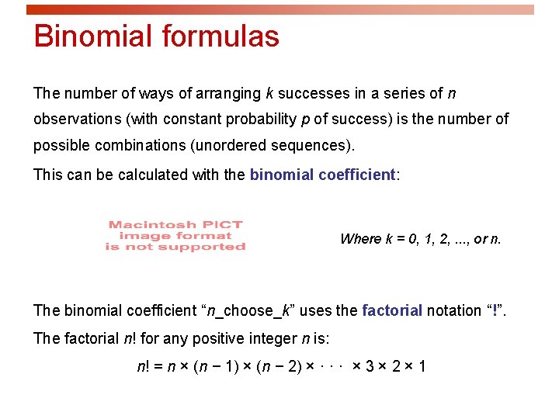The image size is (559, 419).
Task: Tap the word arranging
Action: coord(229,94)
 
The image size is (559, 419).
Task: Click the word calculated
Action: coord(152,175)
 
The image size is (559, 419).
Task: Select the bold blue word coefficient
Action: coord(357,175)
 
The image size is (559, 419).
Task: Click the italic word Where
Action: coord(360,239)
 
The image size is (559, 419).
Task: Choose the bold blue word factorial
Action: coord(392,310)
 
